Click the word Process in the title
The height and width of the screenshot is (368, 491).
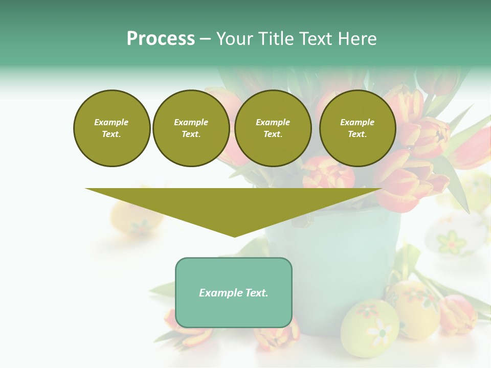pos(161,39)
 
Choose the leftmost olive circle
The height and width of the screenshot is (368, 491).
pos(111,128)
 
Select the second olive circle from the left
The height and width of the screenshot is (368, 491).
pos(191,128)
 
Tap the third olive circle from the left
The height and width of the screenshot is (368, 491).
pos(273,128)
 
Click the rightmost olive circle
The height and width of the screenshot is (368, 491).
pos(357,128)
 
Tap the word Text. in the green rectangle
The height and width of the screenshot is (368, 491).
pos(256,293)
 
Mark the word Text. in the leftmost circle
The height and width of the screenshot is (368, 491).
pos(111,134)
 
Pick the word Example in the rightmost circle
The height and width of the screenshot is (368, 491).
pos(357,122)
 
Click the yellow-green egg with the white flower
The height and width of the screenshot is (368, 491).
pos(369,327)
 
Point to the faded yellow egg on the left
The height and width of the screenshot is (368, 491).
pos(136,217)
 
